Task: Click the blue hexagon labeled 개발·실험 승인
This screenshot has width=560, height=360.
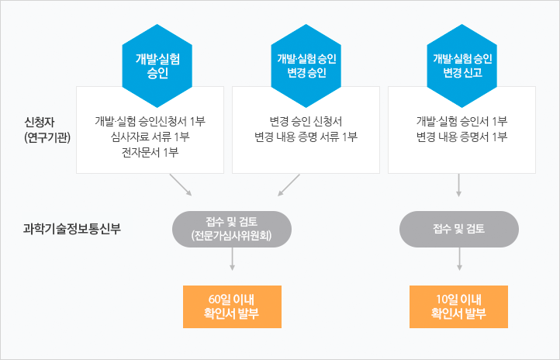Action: (157, 66)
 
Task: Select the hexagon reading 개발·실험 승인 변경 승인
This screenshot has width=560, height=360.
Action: (306, 66)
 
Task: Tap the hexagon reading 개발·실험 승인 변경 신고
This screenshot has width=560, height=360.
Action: (462, 66)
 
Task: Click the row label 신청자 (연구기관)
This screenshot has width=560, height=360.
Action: (47, 130)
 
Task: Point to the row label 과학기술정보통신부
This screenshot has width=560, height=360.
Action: (72, 229)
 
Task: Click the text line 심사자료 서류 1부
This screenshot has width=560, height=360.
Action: (150, 137)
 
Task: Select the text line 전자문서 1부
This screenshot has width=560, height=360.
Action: (150, 153)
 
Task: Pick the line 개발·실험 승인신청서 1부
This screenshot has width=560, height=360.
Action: (150, 122)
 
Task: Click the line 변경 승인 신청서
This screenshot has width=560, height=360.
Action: (306, 122)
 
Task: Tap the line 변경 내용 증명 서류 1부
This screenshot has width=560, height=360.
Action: (306, 137)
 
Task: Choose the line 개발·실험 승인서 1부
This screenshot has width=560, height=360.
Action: (461, 122)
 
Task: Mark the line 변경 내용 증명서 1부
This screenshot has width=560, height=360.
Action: (461, 137)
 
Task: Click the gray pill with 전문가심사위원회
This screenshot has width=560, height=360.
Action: (232, 229)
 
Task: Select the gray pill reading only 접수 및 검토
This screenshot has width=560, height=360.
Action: (459, 229)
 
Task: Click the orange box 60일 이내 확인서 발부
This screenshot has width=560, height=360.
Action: (232, 306)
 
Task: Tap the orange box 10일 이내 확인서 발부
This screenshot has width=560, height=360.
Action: (458, 306)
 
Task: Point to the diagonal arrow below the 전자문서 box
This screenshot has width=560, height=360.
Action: (181, 185)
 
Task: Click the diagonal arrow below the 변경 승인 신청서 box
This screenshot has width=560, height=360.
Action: (289, 185)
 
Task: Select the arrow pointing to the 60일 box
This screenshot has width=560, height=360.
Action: (232, 259)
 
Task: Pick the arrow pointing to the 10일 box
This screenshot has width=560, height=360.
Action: (459, 259)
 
